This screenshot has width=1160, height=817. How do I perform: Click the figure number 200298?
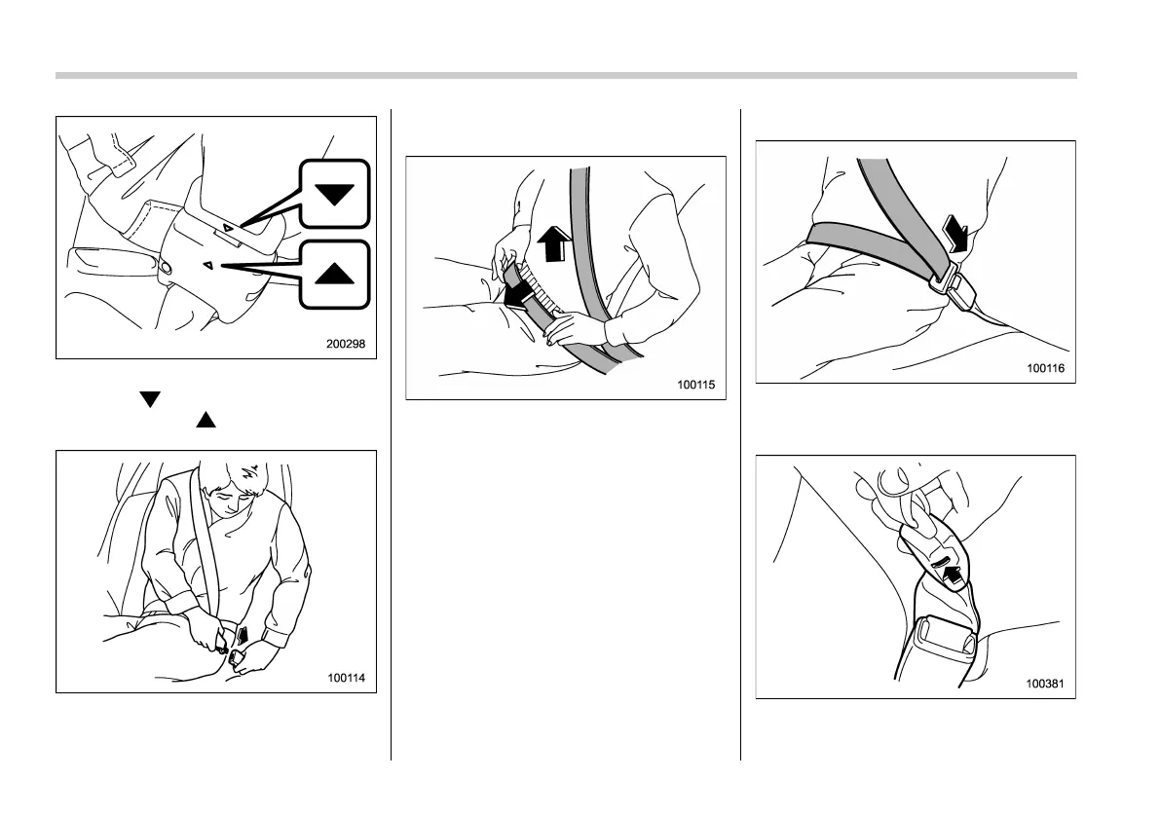(346, 344)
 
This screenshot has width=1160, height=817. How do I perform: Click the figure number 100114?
(346, 677)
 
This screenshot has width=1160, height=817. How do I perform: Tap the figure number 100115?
(696, 385)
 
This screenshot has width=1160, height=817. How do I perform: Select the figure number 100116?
(1045, 368)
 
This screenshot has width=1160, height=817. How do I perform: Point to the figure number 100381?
(1045, 684)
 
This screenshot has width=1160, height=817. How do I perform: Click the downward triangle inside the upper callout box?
(334, 194)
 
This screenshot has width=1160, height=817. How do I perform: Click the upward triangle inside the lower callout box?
(334, 273)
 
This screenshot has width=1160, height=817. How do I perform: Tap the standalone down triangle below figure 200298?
(150, 399)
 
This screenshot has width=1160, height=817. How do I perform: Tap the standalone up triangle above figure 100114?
(206, 420)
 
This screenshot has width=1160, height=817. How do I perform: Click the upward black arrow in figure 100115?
(553, 244)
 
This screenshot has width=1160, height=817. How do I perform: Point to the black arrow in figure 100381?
(954, 575)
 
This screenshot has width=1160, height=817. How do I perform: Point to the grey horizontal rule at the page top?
(566, 75)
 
